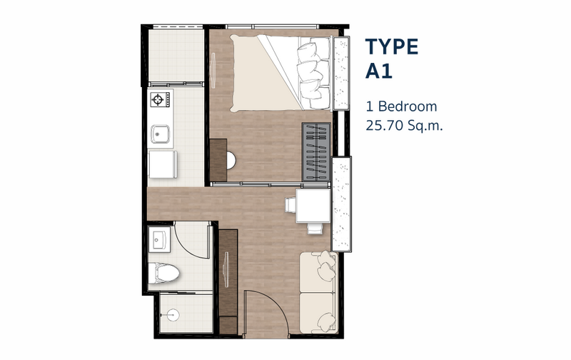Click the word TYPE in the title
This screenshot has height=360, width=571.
pyautogui.click(x=392, y=46)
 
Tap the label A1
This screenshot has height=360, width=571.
pyautogui.click(x=379, y=71)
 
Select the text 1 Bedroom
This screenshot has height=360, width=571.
pyautogui.click(x=401, y=106)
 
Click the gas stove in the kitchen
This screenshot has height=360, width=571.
pyautogui.click(x=160, y=99)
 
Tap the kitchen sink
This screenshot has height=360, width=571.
pyautogui.click(x=161, y=134)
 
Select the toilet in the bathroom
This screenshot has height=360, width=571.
pyautogui.click(x=163, y=274)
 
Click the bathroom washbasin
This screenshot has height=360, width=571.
pyautogui.click(x=160, y=239)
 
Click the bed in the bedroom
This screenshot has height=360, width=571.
pyautogui.click(x=281, y=73)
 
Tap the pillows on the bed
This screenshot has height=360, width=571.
pyautogui.click(x=313, y=73)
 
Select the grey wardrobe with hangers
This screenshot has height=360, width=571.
pyautogui.click(x=316, y=151)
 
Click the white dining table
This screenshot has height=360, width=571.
pyautogui.click(x=313, y=205)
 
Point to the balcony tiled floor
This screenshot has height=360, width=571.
pyautogui.click(x=176, y=56)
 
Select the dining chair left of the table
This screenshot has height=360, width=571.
pyautogui.click(x=290, y=204)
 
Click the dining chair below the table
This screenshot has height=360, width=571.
pyautogui.click(x=314, y=228)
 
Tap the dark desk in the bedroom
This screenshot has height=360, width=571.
pyautogui.click(x=218, y=159)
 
